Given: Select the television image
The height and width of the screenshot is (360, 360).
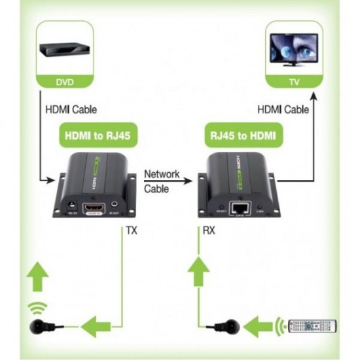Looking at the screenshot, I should (294, 51).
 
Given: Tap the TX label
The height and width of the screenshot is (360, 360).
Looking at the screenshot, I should (130, 230).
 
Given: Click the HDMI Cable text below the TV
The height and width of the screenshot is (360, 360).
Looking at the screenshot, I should (283, 111).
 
